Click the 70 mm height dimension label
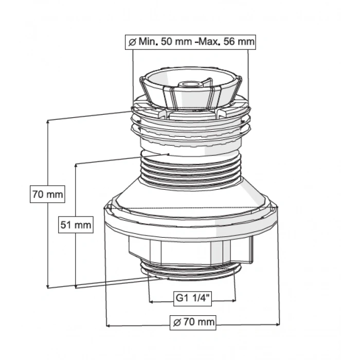[47, 194]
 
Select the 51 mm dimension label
[76, 225]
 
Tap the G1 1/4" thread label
[192, 298]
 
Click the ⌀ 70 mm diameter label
[193, 322]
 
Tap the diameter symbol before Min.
[132, 42]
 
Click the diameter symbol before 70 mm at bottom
[177, 323]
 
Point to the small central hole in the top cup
[189, 84]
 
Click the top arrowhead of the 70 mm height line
[48, 122]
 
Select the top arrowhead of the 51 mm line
[76, 166]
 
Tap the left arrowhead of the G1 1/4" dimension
[151, 301]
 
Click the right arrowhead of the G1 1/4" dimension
[233, 300]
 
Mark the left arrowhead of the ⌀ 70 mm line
[109, 326]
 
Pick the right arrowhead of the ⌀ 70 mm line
[277, 325]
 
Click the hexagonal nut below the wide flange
[191, 251]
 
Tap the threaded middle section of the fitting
[191, 171]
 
